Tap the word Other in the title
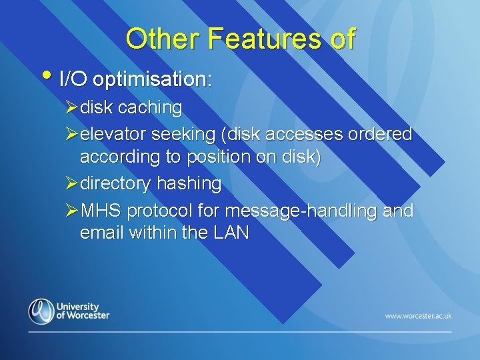pyautogui.click(x=163, y=39)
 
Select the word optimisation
pyautogui.click(x=152, y=80)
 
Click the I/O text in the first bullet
pyautogui.click(x=73, y=80)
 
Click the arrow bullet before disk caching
pyautogui.click(x=73, y=107)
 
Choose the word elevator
pyautogui.click(x=113, y=134)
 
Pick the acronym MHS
pyautogui.click(x=101, y=211)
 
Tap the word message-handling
pyautogui.click(x=303, y=211)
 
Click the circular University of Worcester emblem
pyautogui.click(x=41, y=311)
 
